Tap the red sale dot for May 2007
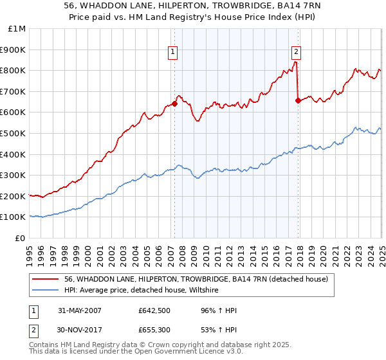[x=174, y=104]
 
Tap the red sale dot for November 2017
[x=298, y=100]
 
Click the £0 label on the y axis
[x=20, y=238]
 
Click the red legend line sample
[x=46, y=280]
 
